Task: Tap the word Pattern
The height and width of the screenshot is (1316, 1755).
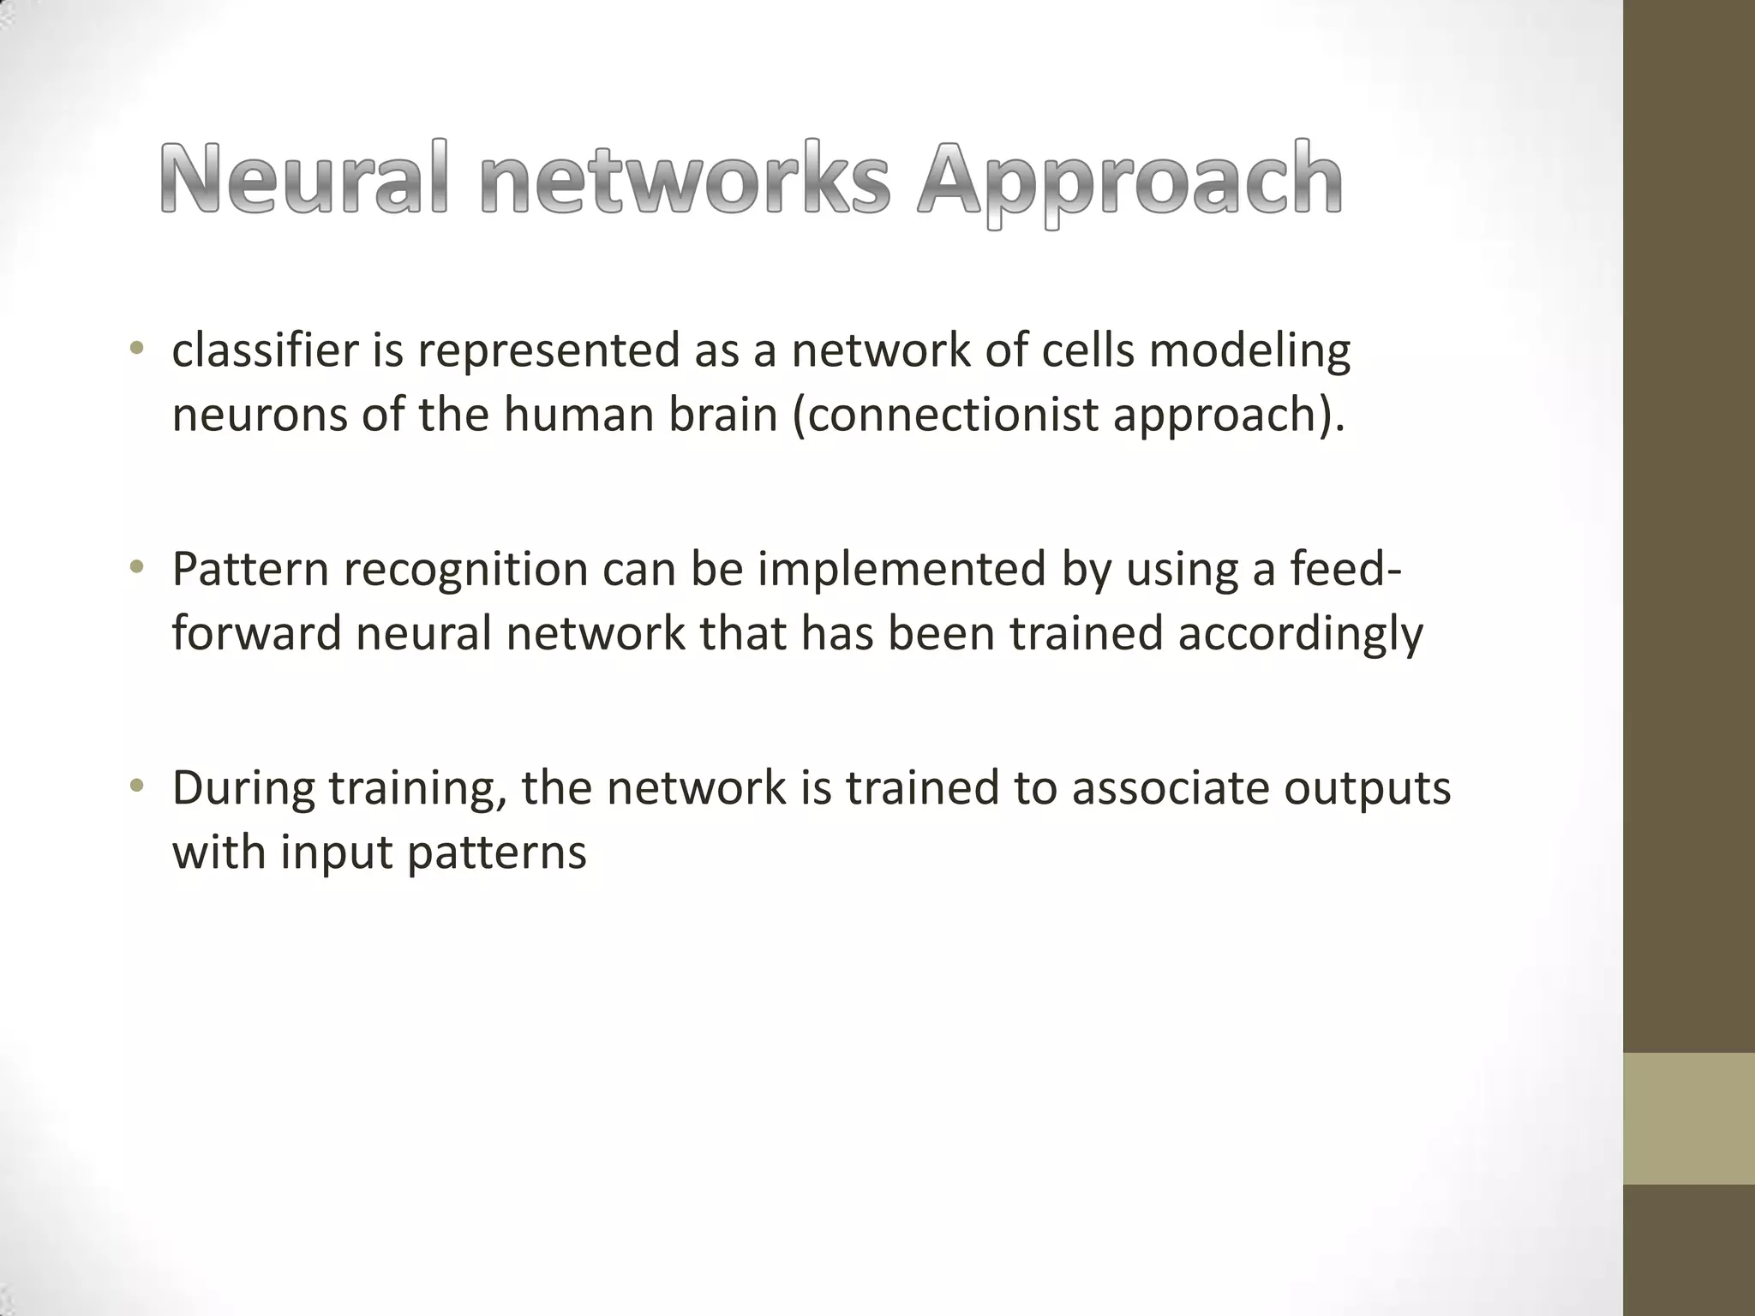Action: (250, 569)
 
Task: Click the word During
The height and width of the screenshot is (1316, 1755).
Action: (243, 788)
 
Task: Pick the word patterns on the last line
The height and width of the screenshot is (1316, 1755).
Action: (496, 853)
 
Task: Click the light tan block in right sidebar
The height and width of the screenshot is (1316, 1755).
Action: (1689, 1118)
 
